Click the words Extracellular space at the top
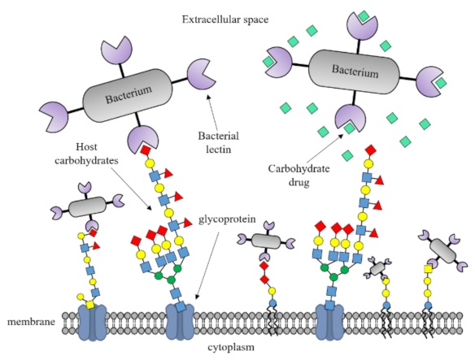(x=236, y=16)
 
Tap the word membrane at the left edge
(x=30, y=322)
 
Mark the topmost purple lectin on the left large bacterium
(x=119, y=50)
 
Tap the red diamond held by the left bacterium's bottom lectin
(x=145, y=151)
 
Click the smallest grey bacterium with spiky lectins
(x=381, y=266)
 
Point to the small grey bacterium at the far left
(x=83, y=209)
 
